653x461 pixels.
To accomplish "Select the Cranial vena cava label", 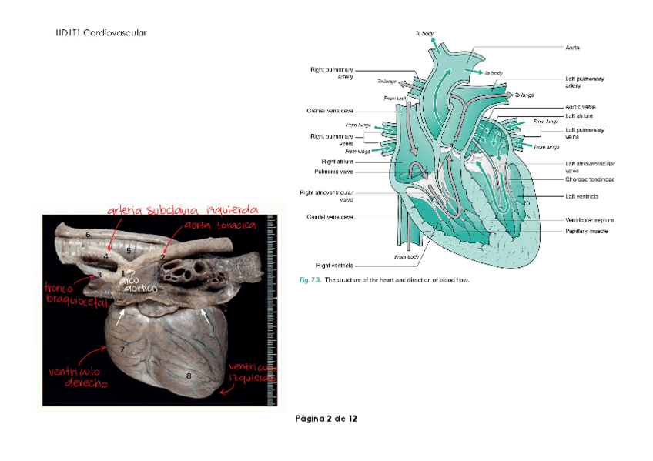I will coord(330,111).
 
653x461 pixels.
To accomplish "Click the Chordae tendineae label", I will coord(590,179).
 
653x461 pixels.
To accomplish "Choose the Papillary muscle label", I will coord(589,231).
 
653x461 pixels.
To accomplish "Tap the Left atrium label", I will coord(578,115).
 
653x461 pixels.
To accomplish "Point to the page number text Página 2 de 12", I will coord(326,419).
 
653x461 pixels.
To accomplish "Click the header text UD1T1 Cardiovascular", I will coord(101,33).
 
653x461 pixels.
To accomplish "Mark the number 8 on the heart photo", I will coord(189,376).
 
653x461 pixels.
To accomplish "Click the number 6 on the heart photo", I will coord(89,234).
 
